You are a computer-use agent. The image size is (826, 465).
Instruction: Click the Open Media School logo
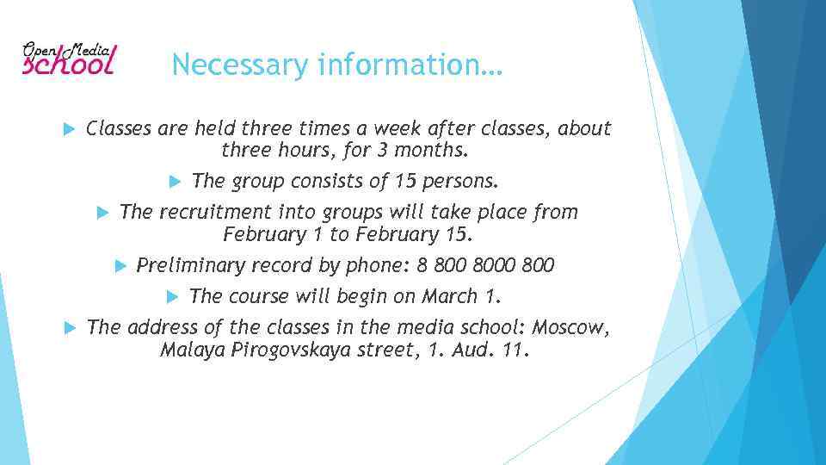coord(69,59)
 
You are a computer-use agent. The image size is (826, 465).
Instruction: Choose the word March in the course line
coord(450,297)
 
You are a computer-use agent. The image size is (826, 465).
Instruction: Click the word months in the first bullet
coord(433,152)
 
